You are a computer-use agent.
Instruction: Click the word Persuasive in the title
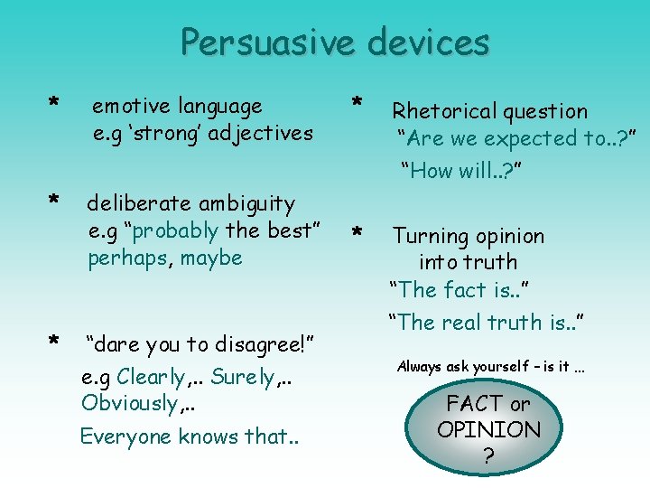257,42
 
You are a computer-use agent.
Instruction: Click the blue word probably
175,230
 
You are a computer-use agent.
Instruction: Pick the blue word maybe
211,258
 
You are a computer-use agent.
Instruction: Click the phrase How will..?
462,170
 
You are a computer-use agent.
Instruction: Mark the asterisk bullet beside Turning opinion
357,233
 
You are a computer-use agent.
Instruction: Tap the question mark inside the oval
488,456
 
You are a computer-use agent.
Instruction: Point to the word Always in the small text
418,367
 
